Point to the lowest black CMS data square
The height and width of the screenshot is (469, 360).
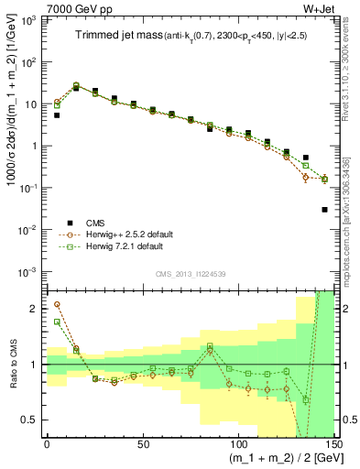pyautogui.click(x=325, y=210)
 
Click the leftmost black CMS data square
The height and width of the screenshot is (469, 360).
pyautogui.click(x=57, y=115)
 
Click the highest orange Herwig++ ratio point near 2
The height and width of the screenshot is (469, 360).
pyautogui.click(x=57, y=305)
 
